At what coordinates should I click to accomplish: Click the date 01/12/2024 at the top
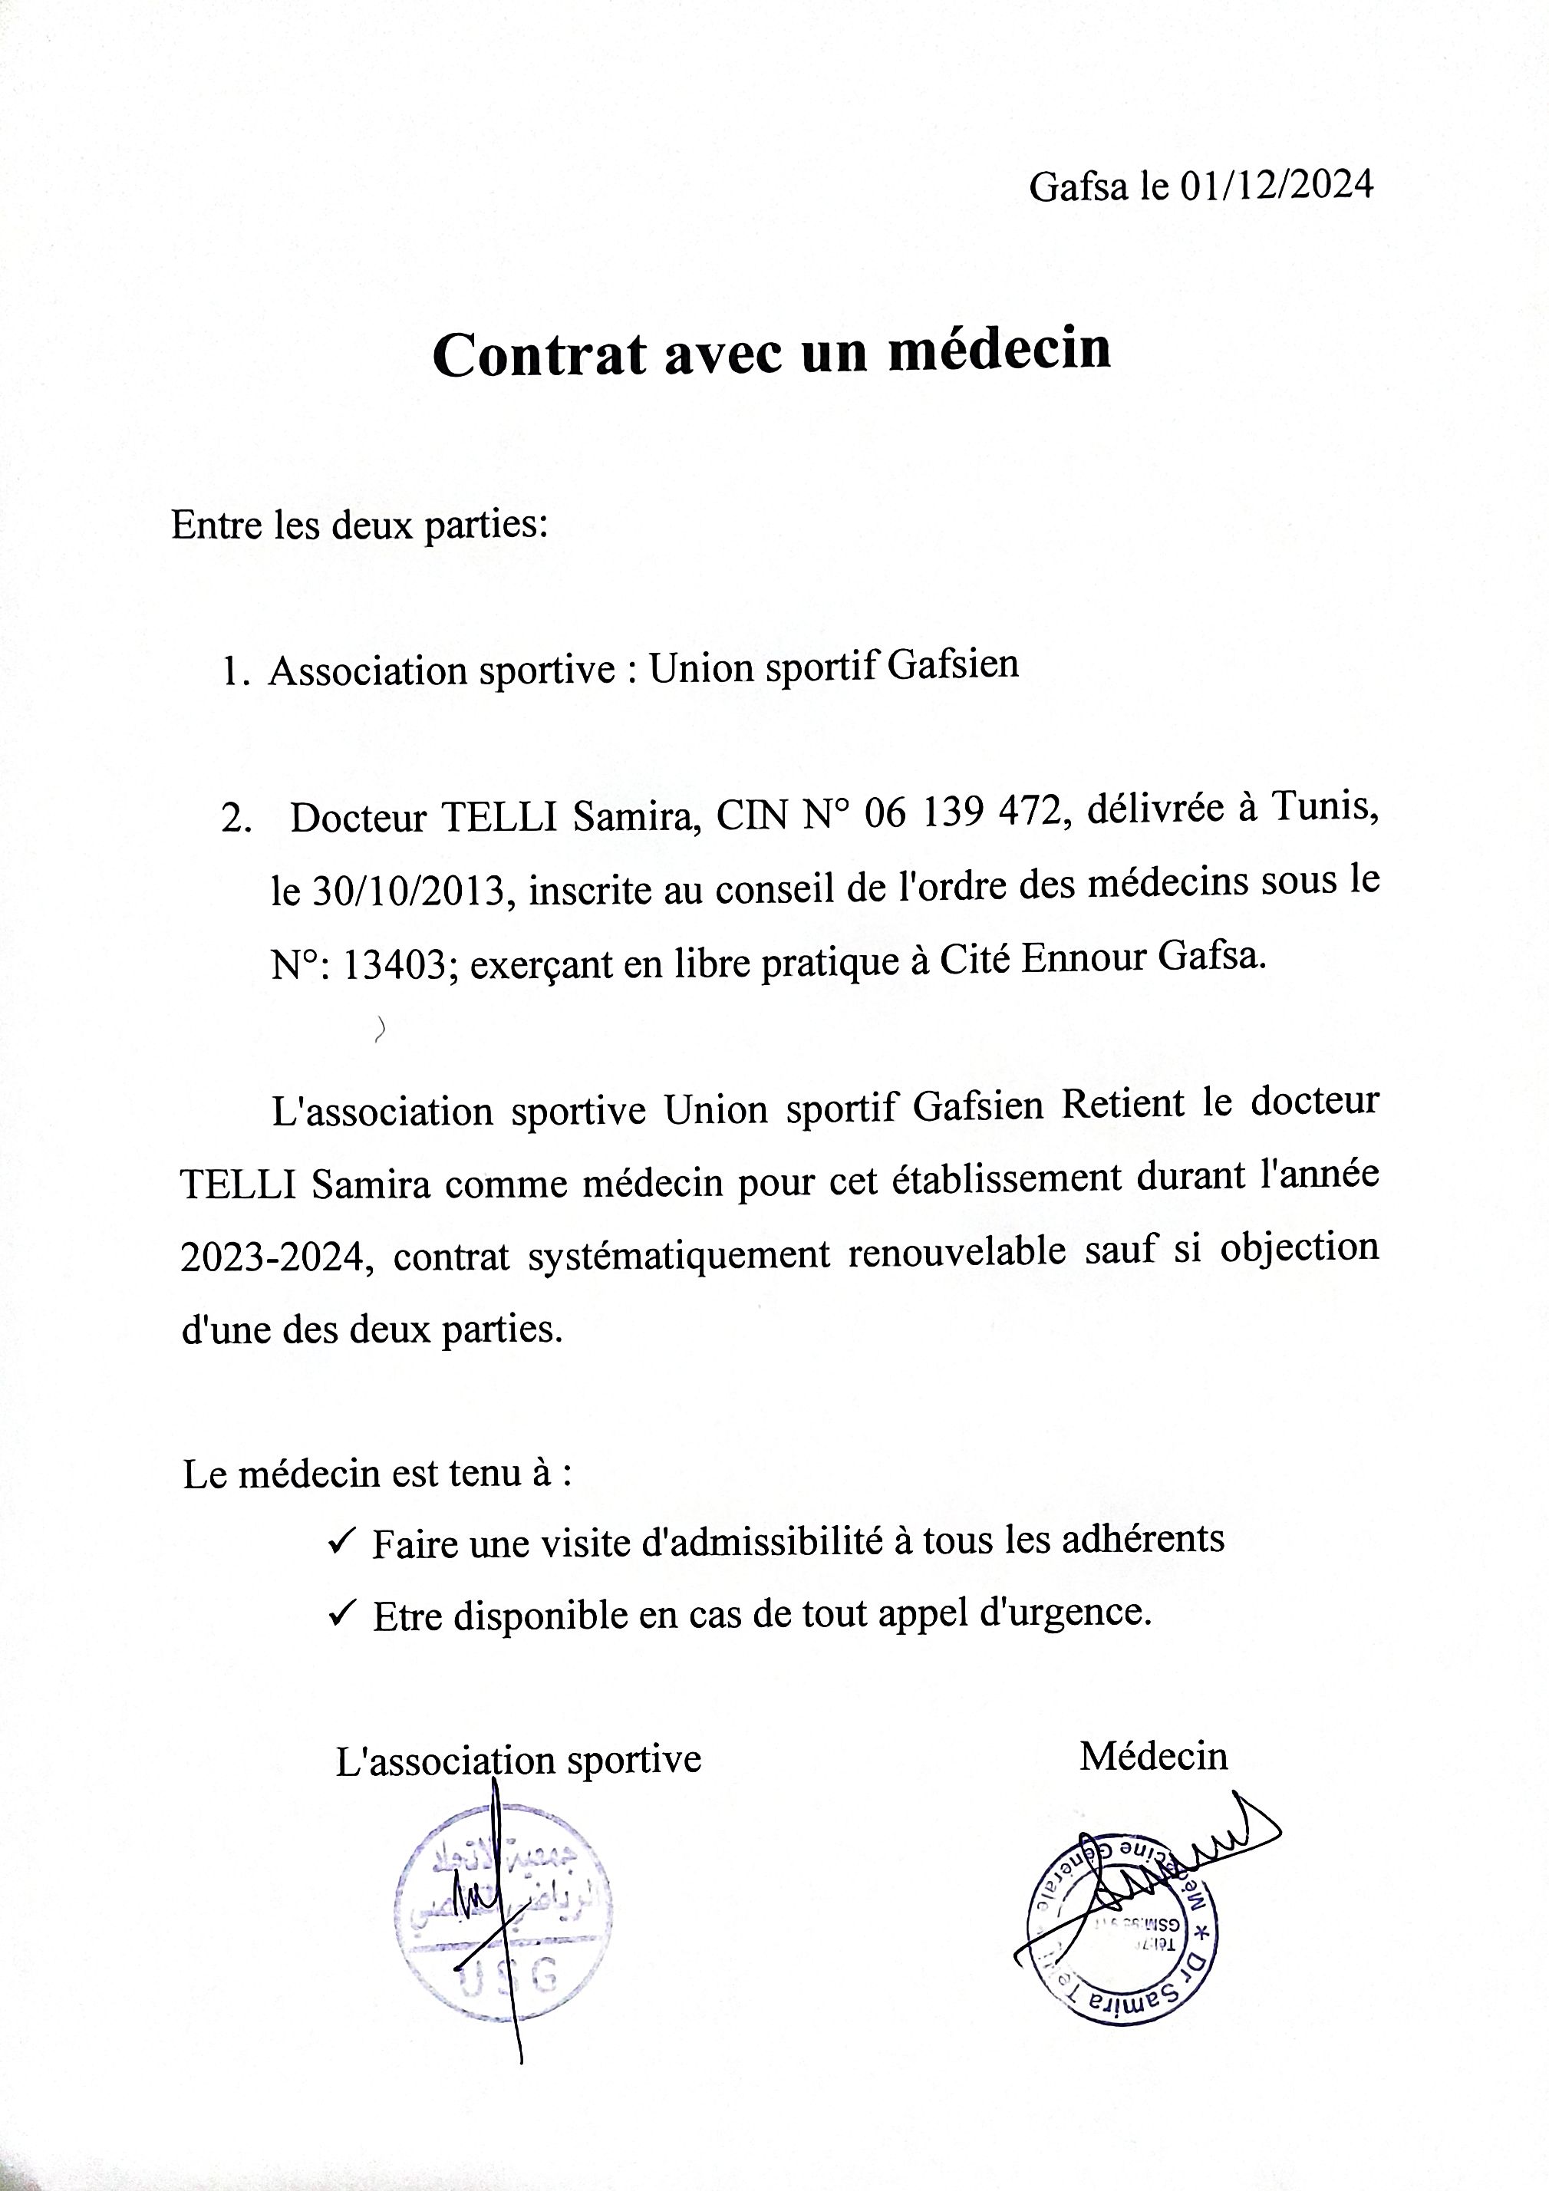pos(1276,185)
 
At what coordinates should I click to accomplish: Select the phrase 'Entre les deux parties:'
pos(359,525)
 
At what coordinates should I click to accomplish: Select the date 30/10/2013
pos(407,891)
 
